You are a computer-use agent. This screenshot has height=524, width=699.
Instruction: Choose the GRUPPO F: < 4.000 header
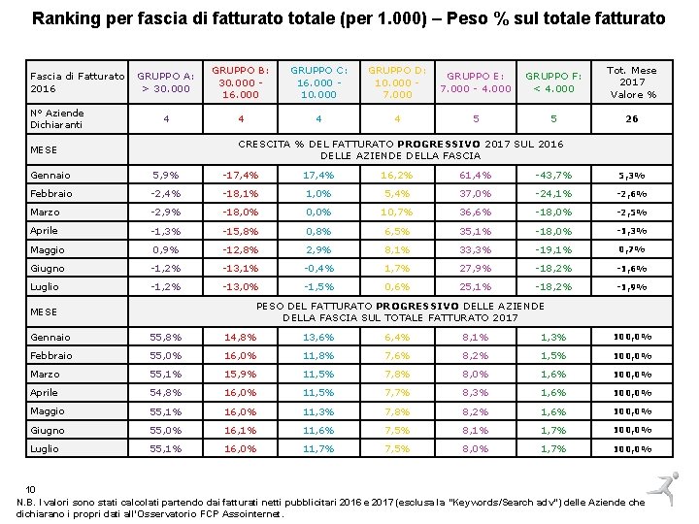pyautogui.click(x=549, y=82)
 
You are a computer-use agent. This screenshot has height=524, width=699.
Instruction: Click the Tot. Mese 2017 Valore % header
pyautogui.click(x=631, y=82)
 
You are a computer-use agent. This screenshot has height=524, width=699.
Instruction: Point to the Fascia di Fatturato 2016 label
pyautogui.click(x=77, y=82)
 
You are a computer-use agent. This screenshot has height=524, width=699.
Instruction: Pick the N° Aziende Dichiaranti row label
pyautogui.click(x=57, y=118)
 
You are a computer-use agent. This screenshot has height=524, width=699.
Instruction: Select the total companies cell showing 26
pyautogui.click(x=631, y=119)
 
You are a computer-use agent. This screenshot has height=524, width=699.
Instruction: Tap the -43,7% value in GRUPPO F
pyautogui.click(x=549, y=176)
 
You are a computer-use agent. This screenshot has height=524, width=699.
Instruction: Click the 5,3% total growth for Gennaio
pyautogui.click(x=631, y=176)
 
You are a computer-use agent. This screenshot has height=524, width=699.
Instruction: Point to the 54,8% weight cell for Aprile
pyautogui.click(x=165, y=393)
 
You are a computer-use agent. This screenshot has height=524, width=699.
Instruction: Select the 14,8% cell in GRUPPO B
pyautogui.click(x=241, y=338)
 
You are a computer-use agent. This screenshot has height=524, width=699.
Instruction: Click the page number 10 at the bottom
pyautogui.click(x=31, y=489)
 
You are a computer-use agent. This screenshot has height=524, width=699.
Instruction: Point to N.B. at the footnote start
pyautogui.click(x=26, y=502)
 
